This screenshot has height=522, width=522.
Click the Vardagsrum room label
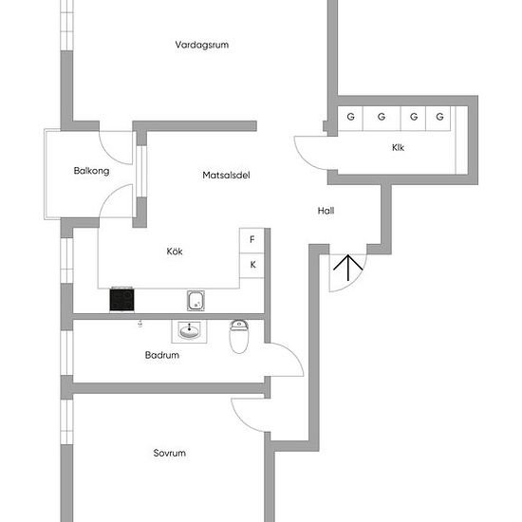(202, 45)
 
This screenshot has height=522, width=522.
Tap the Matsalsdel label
(226, 176)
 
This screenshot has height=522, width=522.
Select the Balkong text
(91, 171)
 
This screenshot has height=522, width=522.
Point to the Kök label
(175, 251)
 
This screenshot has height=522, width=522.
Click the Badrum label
(162, 355)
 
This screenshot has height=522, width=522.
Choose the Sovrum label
(170, 453)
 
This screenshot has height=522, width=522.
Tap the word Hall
(326, 211)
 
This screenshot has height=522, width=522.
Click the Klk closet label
(398, 147)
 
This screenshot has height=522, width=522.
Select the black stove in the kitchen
(121, 300)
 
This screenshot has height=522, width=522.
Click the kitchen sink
(196, 301)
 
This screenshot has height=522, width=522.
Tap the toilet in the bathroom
(238, 336)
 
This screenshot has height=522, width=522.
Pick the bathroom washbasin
(189, 331)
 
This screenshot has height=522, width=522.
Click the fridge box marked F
(252, 240)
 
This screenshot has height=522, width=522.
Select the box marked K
(252, 266)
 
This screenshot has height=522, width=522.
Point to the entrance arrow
(348, 268)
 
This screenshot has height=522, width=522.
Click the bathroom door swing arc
(292, 355)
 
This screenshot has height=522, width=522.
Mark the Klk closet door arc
(304, 159)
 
